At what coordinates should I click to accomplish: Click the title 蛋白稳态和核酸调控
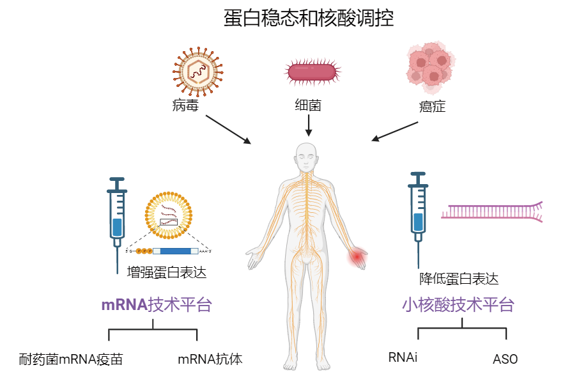[x=309, y=18]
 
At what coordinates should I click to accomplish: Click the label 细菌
[x=308, y=105]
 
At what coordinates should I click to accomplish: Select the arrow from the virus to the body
[x=229, y=129]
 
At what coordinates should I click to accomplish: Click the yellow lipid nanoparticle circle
[x=169, y=214]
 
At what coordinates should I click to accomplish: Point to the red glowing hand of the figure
[x=357, y=258]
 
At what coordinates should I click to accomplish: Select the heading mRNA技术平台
[x=156, y=305]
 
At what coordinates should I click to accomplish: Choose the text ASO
[x=505, y=359]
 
